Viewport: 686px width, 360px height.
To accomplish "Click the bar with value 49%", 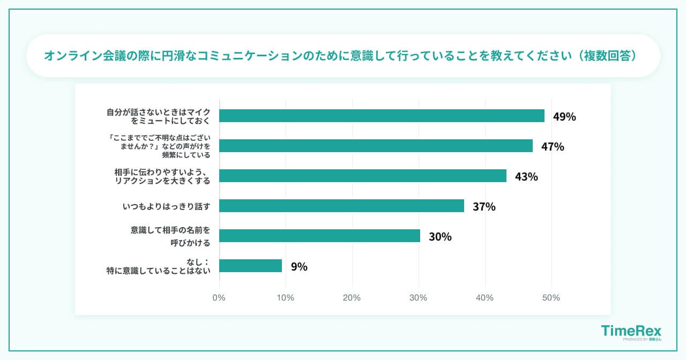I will point(382,116).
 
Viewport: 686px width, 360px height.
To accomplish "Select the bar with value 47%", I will point(376,146).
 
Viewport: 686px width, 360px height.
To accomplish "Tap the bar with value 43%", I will point(363,176).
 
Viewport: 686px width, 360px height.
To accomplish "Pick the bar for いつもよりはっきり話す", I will point(341,206).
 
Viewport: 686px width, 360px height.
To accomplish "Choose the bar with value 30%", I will point(319,236).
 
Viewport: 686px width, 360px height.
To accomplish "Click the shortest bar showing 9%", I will point(250,266).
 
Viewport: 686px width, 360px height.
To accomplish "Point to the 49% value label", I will point(564,116).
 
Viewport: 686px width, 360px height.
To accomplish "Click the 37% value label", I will point(484,206).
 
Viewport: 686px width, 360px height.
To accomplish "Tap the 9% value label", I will point(299,266).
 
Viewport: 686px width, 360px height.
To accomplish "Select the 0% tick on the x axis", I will point(219,298).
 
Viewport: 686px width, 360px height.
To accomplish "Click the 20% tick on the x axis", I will point(352,298).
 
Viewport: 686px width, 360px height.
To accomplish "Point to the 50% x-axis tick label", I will point(551,298).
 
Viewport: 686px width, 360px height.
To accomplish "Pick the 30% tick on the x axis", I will point(418,298).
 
